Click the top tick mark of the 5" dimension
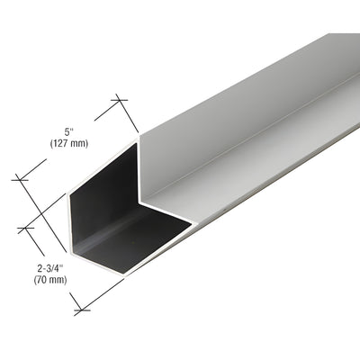click(x=118, y=98)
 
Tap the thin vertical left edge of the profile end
click(x=69, y=225)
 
